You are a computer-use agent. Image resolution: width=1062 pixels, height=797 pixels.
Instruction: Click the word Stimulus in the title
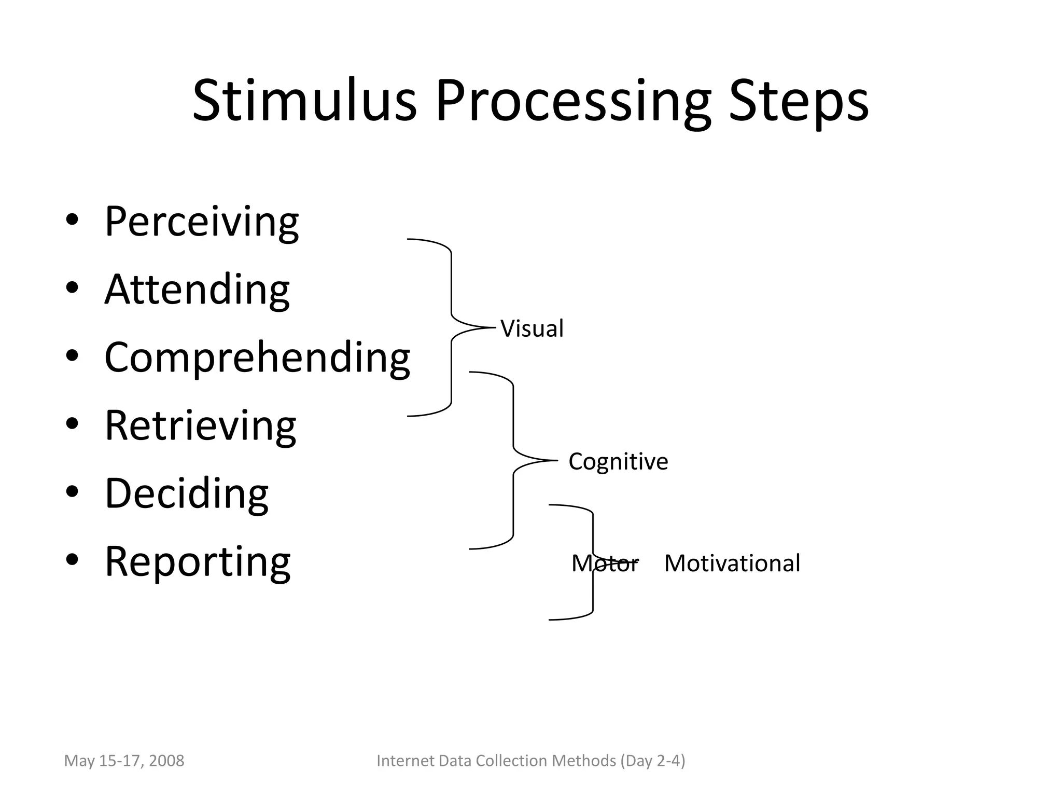304,101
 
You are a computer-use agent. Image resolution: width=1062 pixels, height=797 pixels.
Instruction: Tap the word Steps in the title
799,101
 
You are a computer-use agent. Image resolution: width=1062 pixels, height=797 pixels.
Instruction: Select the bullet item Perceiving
201,222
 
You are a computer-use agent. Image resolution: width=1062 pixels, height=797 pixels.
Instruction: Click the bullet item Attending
197,290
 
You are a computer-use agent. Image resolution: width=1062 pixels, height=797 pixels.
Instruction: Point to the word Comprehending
257,358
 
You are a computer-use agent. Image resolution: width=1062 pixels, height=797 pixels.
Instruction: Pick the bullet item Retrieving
200,426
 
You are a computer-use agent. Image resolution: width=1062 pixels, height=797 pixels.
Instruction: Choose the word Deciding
187,493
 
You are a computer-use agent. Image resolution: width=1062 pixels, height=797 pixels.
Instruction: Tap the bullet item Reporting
198,562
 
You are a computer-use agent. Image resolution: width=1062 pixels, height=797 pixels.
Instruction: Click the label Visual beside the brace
532,328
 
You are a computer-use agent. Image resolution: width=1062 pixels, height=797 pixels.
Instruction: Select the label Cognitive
618,461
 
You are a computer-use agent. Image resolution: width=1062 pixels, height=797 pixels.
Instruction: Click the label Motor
605,564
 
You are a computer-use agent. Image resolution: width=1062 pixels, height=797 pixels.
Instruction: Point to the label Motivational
732,564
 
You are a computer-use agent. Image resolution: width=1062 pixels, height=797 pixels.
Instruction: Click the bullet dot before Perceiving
72,220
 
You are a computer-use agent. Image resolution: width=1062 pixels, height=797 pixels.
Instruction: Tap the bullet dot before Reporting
72,560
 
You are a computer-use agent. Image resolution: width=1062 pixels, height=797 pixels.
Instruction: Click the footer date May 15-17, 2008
124,761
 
